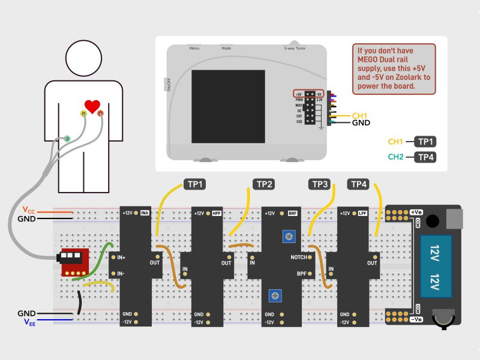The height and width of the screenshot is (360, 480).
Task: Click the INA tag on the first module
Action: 145,213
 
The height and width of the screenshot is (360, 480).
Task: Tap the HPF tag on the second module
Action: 217,213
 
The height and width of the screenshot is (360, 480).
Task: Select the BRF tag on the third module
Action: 292,213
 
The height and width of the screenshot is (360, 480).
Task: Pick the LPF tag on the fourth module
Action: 362,213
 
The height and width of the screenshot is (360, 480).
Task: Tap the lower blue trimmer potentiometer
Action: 275,295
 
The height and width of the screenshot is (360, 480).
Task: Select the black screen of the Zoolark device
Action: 228,106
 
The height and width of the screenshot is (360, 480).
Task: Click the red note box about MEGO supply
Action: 393,68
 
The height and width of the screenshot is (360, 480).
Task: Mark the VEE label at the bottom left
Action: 29,322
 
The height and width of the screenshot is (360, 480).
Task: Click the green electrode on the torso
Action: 67,139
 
